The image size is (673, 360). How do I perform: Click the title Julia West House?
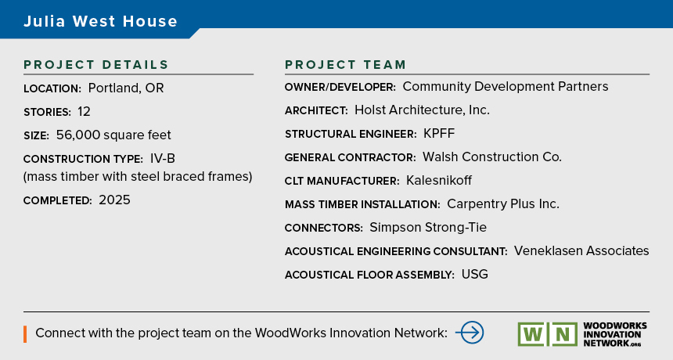[100, 21]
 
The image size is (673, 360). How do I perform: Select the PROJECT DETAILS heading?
[96, 65]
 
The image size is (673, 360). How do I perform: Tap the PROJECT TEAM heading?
[346, 65]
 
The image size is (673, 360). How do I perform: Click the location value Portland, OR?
[126, 88]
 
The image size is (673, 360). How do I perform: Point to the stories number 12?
[85, 112]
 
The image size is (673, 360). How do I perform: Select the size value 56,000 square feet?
[113, 135]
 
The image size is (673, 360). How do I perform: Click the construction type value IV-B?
[163, 159]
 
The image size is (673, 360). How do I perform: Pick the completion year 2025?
[114, 200]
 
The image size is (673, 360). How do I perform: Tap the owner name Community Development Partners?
[506, 87]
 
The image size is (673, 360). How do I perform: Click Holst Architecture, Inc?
[422, 110]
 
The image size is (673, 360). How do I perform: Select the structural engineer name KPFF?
[439, 134]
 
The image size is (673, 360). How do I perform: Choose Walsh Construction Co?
[492, 157]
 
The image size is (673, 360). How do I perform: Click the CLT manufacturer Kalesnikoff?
[439, 180]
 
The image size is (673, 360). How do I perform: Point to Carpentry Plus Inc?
[503, 203]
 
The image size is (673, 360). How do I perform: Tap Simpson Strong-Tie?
[428, 228]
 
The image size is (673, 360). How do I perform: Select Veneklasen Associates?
[581, 250]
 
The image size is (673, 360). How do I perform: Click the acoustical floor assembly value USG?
[475, 274]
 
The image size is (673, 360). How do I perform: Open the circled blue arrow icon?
[470, 333]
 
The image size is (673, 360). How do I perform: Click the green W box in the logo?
[533, 334]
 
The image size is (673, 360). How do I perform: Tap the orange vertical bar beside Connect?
[25, 334]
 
